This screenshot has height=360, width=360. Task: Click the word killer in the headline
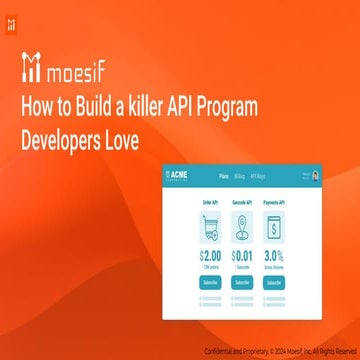(149, 107)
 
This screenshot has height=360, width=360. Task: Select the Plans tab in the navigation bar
(223, 176)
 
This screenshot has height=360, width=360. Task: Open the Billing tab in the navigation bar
(239, 176)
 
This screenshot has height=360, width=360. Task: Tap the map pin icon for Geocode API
(241, 229)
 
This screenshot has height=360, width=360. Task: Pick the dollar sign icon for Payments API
(272, 229)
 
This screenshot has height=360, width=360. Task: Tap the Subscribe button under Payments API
(272, 283)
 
